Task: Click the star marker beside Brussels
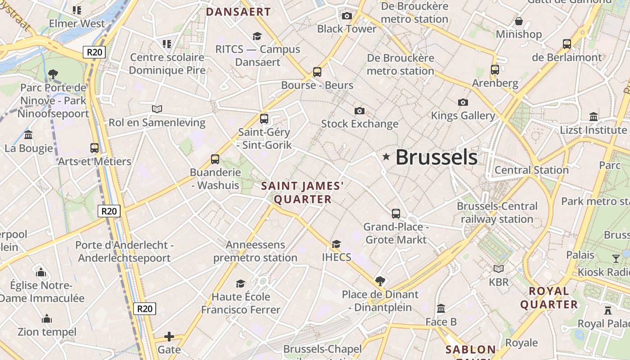tap(386, 157)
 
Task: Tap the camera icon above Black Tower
tap(346, 16)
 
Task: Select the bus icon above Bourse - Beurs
tap(317, 72)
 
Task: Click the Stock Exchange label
tap(360, 124)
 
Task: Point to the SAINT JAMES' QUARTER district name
tap(302, 193)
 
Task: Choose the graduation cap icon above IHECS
tap(336, 244)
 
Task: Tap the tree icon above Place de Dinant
tap(380, 281)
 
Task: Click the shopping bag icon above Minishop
tap(519, 21)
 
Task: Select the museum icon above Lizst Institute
tap(594, 117)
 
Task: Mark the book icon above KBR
tap(499, 269)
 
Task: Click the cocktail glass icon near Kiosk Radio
tap(616, 258)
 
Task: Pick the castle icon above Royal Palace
tap(608, 310)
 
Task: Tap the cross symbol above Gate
tap(169, 337)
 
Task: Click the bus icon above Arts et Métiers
tap(94, 148)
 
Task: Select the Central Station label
tap(531, 170)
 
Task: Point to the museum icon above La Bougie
tap(29, 135)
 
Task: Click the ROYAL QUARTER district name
tap(549, 298)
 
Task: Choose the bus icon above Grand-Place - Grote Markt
tap(396, 213)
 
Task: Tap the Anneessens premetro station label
tap(255, 252)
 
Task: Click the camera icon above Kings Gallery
tap(463, 102)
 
